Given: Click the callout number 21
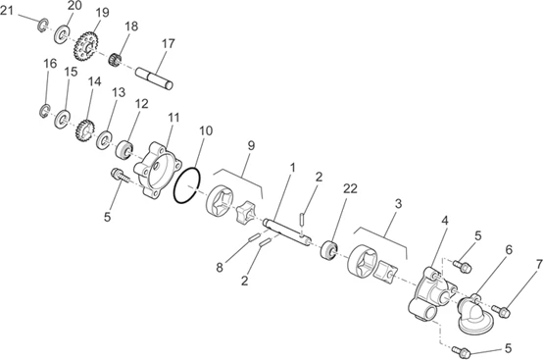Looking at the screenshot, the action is (x=7, y=11).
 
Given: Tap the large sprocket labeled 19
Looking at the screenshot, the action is (x=86, y=46).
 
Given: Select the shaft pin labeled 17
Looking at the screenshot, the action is (x=154, y=78).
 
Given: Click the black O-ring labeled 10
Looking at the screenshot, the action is (x=187, y=185).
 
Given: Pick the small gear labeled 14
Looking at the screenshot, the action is (x=85, y=130).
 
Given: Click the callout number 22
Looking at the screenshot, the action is (x=350, y=189).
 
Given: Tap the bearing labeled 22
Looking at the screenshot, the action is (x=329, y=250).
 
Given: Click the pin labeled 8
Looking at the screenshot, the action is (x=255, y=237).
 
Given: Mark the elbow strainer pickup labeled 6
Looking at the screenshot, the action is (x=475, y=314).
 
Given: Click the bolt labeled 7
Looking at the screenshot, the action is (x=501, y=310).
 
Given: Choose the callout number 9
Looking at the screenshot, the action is (x=251, y=146).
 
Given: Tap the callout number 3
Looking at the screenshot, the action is (x=398, y=204).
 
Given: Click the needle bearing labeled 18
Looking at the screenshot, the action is (x=116, y=60).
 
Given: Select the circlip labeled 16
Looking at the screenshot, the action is (x=45, y=111).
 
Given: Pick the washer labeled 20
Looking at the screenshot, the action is (x=63, y=34).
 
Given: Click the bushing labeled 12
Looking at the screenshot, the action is (x=124, y=150).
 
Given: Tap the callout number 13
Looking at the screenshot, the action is (x=119, y=92).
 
